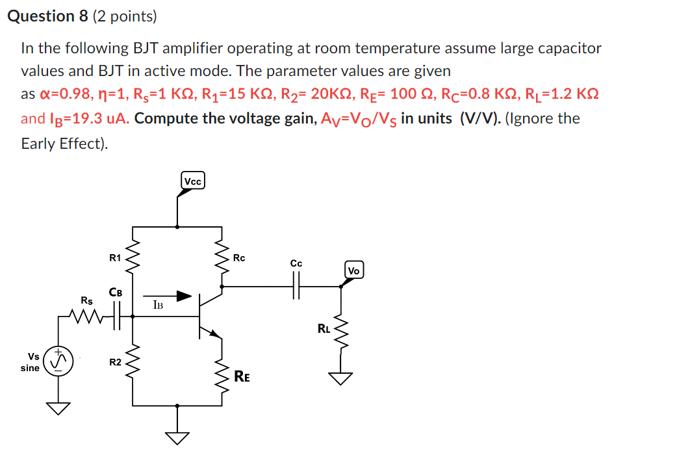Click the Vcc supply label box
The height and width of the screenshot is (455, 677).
pyautogui.click(x=193, y=181)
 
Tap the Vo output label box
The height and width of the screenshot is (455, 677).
pyautogui.click(x=354, y=270)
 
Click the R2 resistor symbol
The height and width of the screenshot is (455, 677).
pyautogui.click(x=134, y=361)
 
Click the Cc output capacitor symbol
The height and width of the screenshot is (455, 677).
pyautogui.click(x=296, y=285)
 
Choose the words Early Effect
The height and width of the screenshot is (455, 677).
pyautogui.click(x=62, y=144)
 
